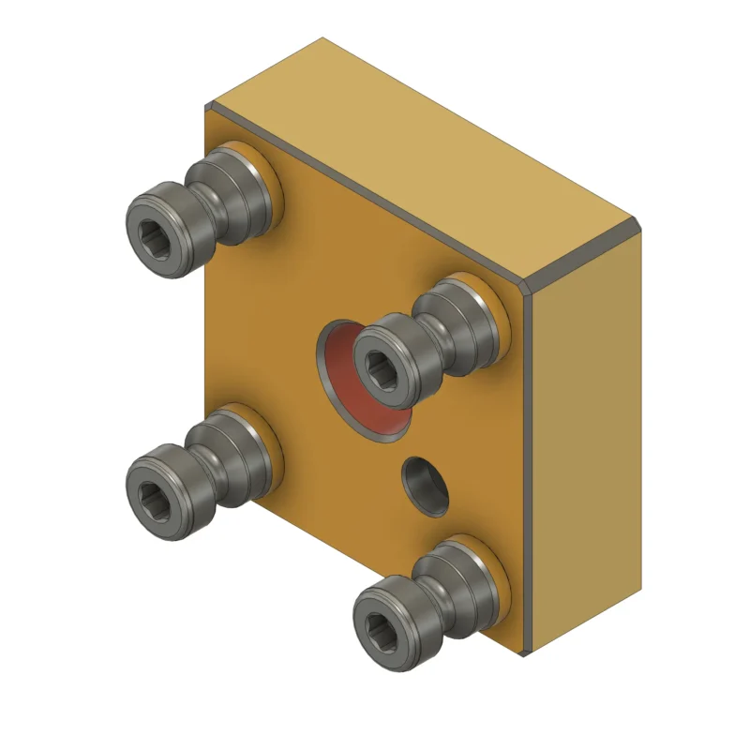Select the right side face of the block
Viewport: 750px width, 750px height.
click(586, 441)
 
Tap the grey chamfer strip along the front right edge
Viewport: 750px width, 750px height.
click(528, 469)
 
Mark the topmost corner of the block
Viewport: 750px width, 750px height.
click(322, 38)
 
